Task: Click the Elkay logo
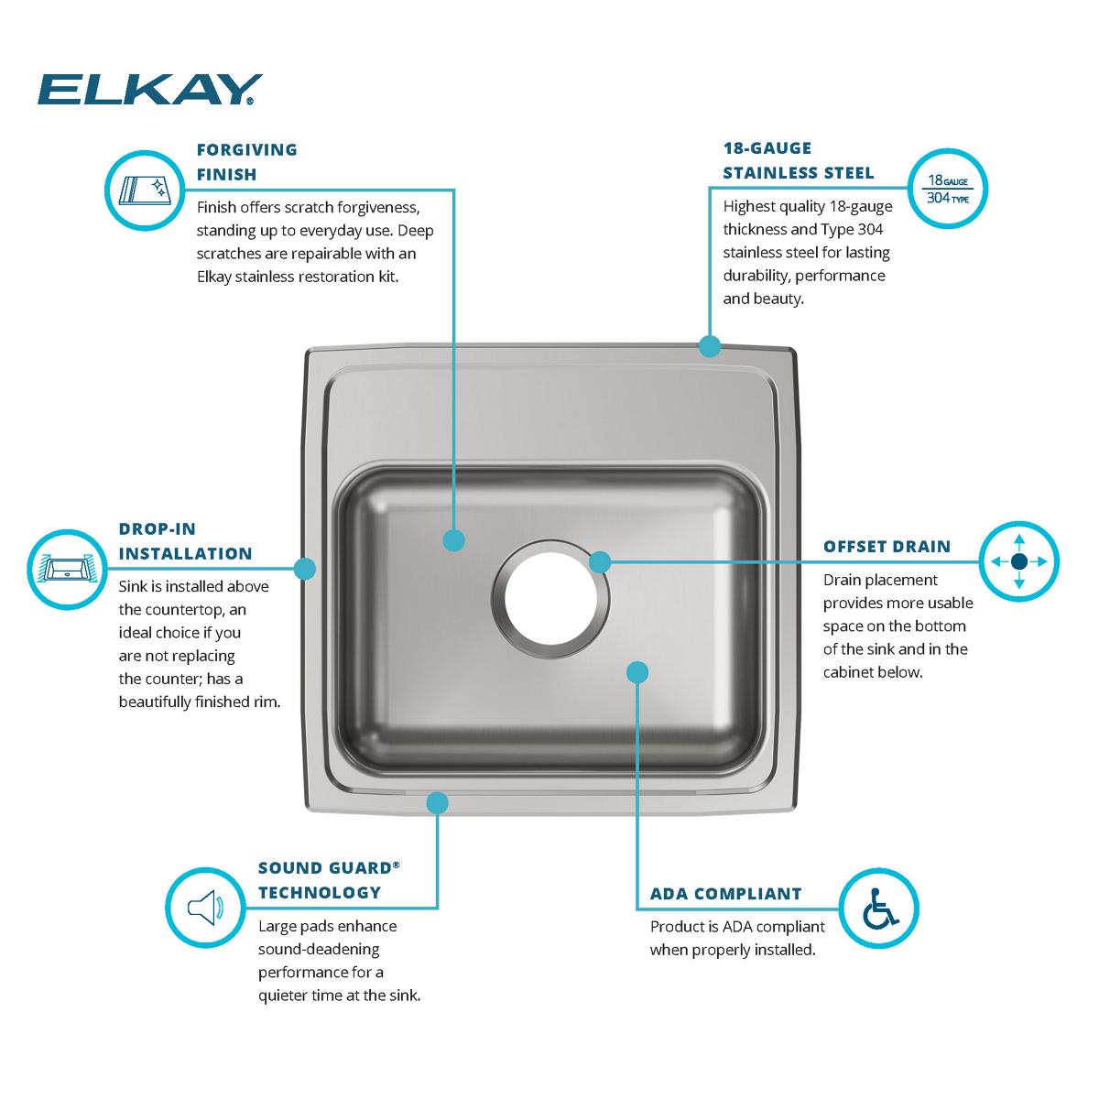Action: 149,90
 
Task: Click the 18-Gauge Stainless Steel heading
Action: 798,160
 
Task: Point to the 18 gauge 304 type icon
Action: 947,188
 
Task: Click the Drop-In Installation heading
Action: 185,541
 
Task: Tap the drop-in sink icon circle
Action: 67,569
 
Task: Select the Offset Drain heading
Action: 887,547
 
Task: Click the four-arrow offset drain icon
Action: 1019,561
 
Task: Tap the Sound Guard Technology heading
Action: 329,880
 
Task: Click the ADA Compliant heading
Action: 725,894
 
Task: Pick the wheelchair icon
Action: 879,908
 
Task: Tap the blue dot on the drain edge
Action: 599,561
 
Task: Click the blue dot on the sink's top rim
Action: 709,346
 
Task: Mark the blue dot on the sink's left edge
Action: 305,569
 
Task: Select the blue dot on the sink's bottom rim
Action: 438,803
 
